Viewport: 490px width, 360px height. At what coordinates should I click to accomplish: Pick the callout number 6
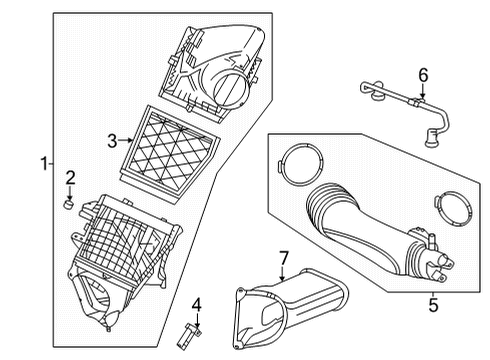[x=422, y=74]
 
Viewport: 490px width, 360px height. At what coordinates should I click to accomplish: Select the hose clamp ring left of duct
[x=296, y=162]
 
